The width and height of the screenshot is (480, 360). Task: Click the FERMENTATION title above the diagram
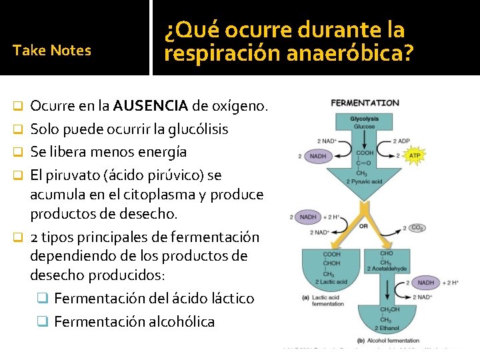tap(365, 103)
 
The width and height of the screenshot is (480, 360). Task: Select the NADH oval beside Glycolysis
tap(317, 156)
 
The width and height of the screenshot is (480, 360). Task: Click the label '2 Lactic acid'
tap(333, 282)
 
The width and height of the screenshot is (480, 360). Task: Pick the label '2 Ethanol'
tap(390, 329)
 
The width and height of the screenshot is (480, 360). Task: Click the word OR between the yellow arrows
tap(363, 225)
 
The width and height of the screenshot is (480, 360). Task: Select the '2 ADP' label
tap(402, 141)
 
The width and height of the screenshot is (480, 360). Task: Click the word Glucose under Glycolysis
tap(364, 126)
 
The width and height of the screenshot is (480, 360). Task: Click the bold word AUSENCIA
tap(150, 106)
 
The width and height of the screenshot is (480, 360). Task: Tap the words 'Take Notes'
tap(52, 50)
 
